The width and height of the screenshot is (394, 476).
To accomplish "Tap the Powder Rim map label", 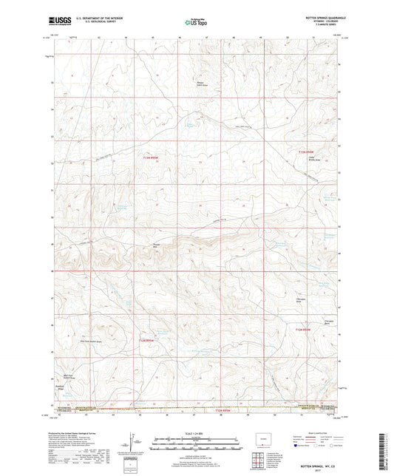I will [x=156, y=241].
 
